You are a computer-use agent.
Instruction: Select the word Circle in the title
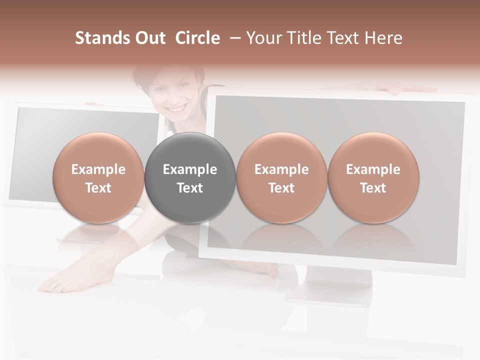click(x=197, y=38)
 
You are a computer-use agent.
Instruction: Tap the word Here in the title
click(x=384, y=38)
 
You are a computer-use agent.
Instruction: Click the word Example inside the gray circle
click(x=190, y=169)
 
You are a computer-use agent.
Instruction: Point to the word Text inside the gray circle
click(x=190, y=188)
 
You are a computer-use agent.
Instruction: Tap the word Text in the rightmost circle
click(x=373, y=188)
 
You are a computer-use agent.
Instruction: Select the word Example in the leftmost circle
click(x=98, y=169)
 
